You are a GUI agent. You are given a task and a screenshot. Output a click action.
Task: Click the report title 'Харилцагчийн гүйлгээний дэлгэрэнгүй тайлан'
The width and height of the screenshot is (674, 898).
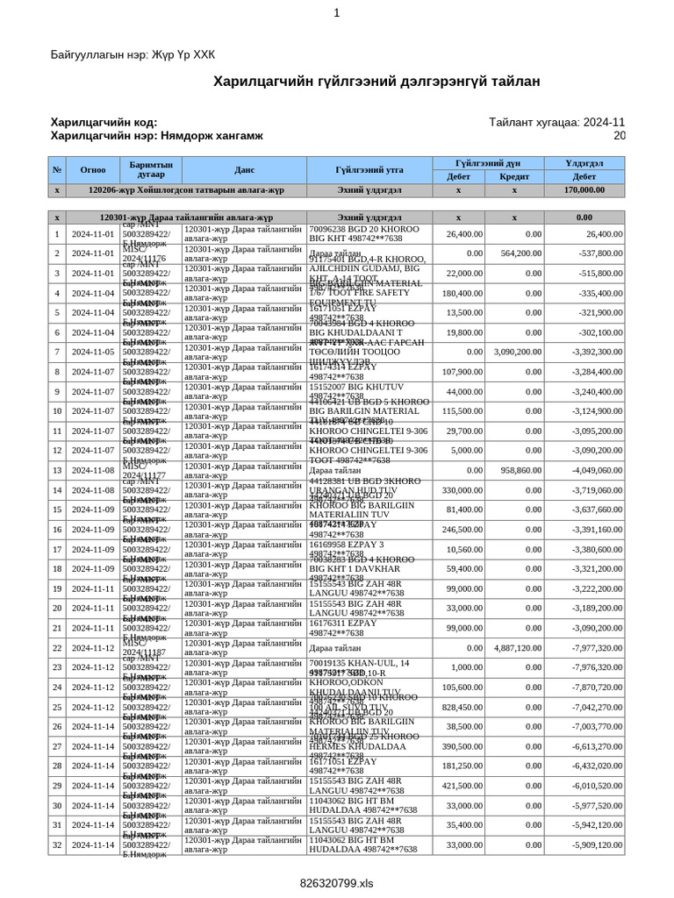tap(377, 82)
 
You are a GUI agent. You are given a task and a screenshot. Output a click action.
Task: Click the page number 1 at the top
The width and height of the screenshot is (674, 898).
tap(336, 12)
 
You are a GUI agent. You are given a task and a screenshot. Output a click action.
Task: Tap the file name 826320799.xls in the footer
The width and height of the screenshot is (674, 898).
tap(336, 882)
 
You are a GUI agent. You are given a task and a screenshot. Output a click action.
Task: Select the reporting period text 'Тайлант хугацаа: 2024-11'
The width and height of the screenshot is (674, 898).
tap(556, 123)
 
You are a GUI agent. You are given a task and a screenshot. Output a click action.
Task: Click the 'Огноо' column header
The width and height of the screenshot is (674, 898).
tap(93, 170)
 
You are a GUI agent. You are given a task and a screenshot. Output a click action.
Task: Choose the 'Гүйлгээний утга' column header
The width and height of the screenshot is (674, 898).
tap(369, 170)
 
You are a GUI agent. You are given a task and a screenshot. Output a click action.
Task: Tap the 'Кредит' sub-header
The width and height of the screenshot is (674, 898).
tap(514, 176)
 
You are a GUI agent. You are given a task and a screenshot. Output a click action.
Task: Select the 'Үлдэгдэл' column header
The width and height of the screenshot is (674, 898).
tap(584, 163)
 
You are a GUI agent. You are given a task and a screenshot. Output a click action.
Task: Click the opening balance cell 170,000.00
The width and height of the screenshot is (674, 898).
tap(584, 189)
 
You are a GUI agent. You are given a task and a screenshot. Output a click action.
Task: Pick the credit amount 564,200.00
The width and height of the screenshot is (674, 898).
tap(514, 253)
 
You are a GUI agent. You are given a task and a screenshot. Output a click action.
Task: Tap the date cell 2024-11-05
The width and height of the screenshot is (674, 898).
tap(93, 352)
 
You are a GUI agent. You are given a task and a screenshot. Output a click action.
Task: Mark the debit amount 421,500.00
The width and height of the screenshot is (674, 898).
tap(460, 786)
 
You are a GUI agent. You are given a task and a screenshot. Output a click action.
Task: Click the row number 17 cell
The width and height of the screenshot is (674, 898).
tap(57, 549)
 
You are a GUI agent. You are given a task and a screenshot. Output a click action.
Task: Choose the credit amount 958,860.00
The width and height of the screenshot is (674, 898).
tap(514, 470)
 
